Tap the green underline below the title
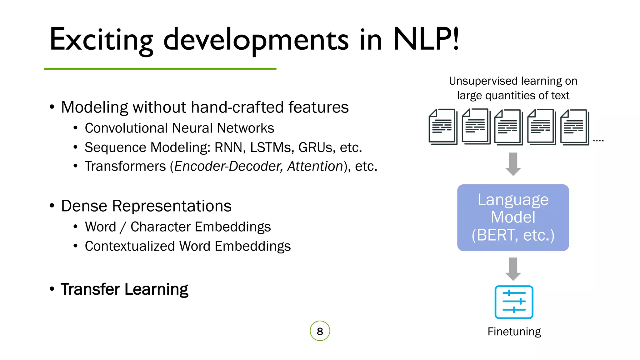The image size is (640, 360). point(160,69)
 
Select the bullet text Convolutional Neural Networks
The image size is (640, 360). point(179,128)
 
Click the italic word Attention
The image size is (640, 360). point(315,166)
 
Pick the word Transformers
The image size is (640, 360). point(125,166)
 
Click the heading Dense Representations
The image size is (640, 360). point(146,206)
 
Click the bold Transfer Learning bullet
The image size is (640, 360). point(124,289)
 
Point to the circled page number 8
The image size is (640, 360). point(320,331)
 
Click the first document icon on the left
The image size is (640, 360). point(442,127)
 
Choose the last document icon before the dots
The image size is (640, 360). point(574,127)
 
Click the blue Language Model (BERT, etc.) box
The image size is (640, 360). point(513,217)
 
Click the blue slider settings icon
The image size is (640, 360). point(514,302)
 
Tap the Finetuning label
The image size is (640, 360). point(514,332)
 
